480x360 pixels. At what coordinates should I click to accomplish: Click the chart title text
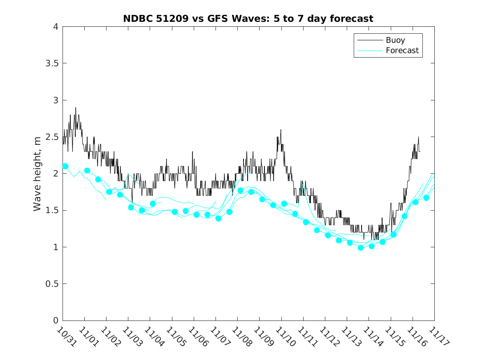point(248,19)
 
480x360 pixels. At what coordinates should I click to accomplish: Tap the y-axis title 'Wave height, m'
point(37,174)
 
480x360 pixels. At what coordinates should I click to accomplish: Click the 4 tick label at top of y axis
point(55,27)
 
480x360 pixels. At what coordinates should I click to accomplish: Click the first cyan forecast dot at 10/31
point(65,166)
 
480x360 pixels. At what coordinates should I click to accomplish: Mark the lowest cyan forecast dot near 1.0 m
point(361,248)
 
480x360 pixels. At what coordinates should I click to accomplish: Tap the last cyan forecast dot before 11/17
point(426,198)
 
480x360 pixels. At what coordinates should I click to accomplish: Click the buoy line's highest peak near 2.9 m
point(76,108)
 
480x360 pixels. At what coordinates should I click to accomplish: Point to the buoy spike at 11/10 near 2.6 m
point(281,130)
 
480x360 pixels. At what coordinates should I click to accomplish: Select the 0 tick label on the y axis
point(55,321)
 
